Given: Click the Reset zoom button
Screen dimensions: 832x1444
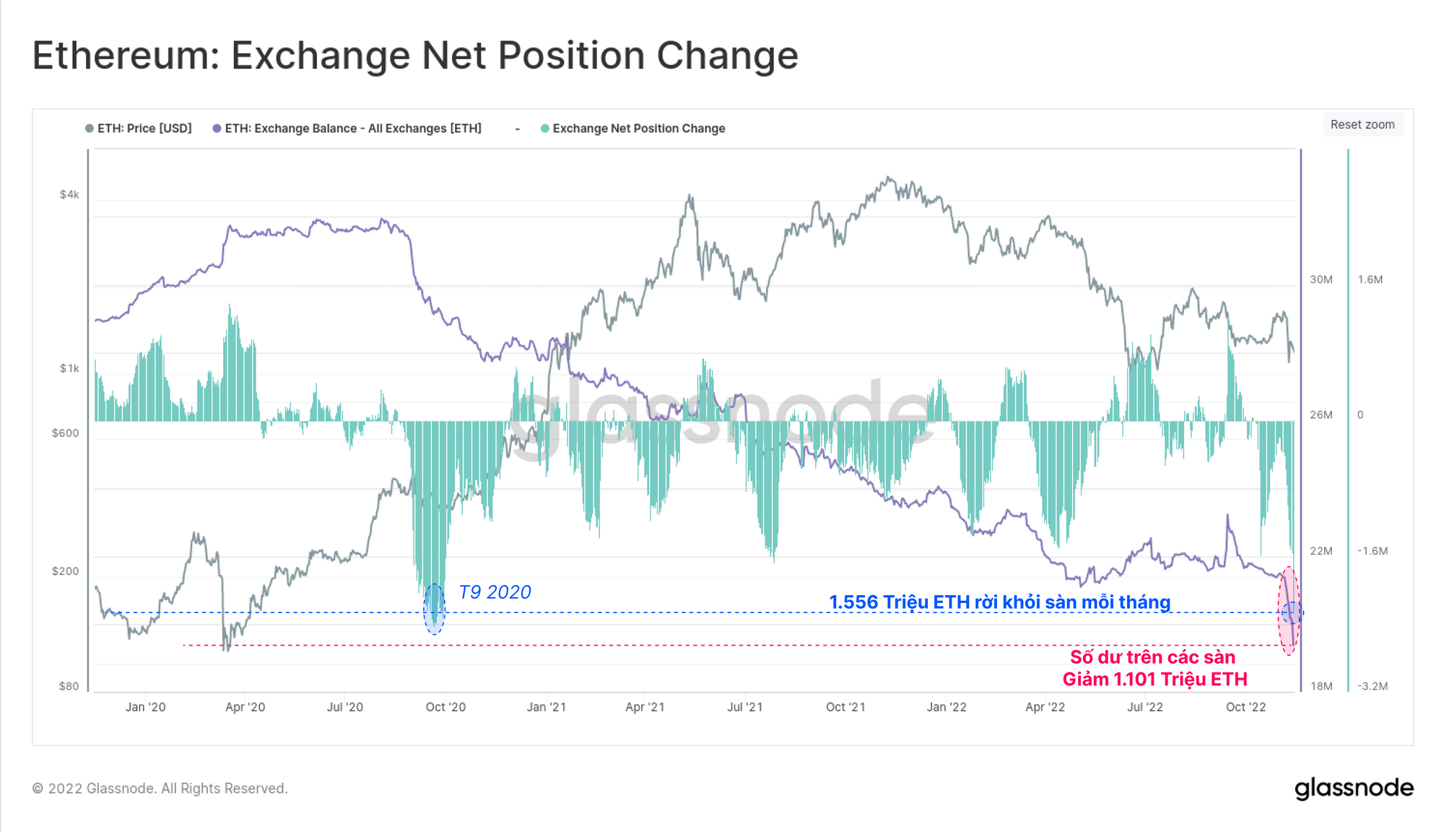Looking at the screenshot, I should tap(1362, 125).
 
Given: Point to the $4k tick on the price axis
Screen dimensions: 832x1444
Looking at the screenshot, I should tap(69, 194).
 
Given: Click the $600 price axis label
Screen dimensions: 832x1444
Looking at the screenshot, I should tap(65, 433).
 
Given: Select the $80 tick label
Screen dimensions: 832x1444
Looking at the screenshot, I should tap(69, 686).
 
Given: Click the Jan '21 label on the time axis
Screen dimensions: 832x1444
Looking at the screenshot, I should tap(546, 707).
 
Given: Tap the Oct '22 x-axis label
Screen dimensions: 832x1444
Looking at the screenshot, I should tap(1245, 707).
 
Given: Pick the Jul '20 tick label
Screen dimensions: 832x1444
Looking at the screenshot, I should tap(344, 707).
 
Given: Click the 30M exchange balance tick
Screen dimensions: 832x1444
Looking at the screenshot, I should tap(1321, 279).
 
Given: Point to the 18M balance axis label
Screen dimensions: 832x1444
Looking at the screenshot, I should tap(1321, 686).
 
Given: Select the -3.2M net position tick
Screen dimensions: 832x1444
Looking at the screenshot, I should tap(1373, 686).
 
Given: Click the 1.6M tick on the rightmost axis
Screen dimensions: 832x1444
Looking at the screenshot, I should tap(1370, 279).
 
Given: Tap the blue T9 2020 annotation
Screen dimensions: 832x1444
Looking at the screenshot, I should tap(495, 592).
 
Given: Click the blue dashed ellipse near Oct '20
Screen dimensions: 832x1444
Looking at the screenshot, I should tap(434, 609).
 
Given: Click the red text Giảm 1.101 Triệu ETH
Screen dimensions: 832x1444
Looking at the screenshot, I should tap(1154, 679).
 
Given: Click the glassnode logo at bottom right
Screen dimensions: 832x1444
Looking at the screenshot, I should tap(1354, 788).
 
